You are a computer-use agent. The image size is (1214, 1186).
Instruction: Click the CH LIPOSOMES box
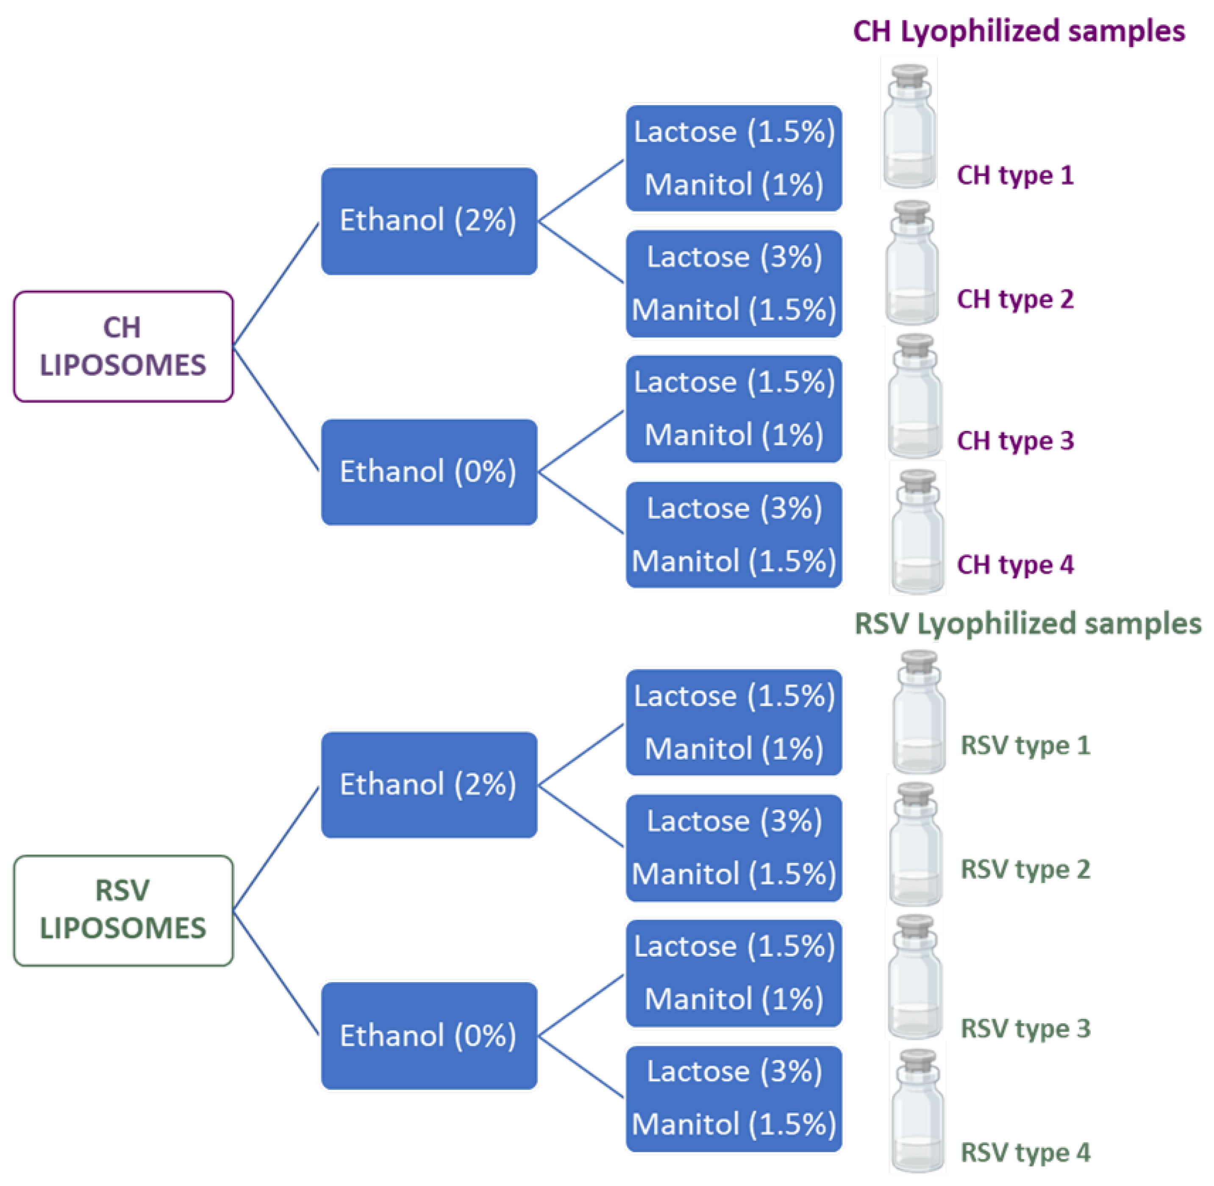(x=123, y=346)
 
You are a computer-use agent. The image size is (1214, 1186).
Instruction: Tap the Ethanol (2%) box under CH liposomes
(x=428, y=220)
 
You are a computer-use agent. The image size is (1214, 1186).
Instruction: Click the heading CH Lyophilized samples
(x=1018, y=31)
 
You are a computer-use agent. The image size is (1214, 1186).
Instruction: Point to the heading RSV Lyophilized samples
(x=1027, y=624)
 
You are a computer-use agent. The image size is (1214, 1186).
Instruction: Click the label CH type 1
(x=1015, y=175)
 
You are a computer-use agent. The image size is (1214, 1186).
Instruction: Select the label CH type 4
(x=1015, y=564)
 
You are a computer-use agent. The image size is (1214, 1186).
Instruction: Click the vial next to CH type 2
(x=912, y=265)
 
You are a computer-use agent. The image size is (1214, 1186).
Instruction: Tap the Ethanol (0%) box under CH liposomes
(x=428, y=472)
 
